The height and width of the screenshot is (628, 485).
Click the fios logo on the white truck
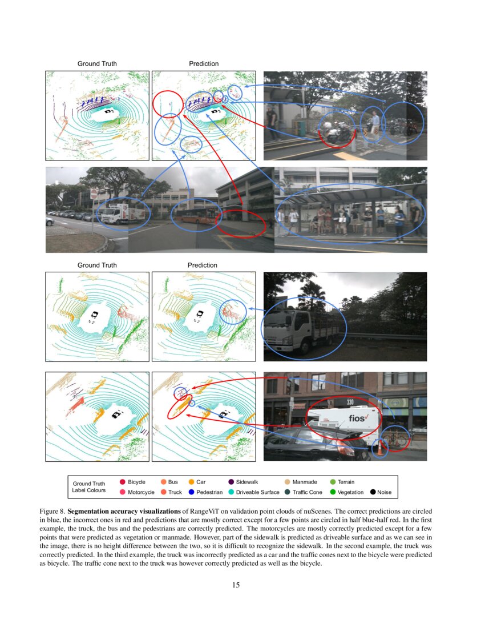click(358, 418)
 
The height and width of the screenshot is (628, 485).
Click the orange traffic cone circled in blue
click(380, 449)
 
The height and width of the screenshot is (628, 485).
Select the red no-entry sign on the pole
click(94, 194)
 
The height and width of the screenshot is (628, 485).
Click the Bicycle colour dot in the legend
click(123, 482)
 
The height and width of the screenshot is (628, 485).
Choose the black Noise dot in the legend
click(373, 492)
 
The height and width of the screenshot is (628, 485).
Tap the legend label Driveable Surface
click(257, 492)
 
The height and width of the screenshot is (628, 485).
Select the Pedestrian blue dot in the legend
click(191, 492)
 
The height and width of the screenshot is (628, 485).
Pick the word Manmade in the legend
click(305, 482)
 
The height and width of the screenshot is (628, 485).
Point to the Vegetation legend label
click(350, 492)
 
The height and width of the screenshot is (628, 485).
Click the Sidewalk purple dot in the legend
click(231, 482)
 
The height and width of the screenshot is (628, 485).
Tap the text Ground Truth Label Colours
click(88, 487)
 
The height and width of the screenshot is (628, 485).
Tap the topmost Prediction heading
click(204, 63)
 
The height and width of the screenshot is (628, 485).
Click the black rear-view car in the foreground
click(308, 445)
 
